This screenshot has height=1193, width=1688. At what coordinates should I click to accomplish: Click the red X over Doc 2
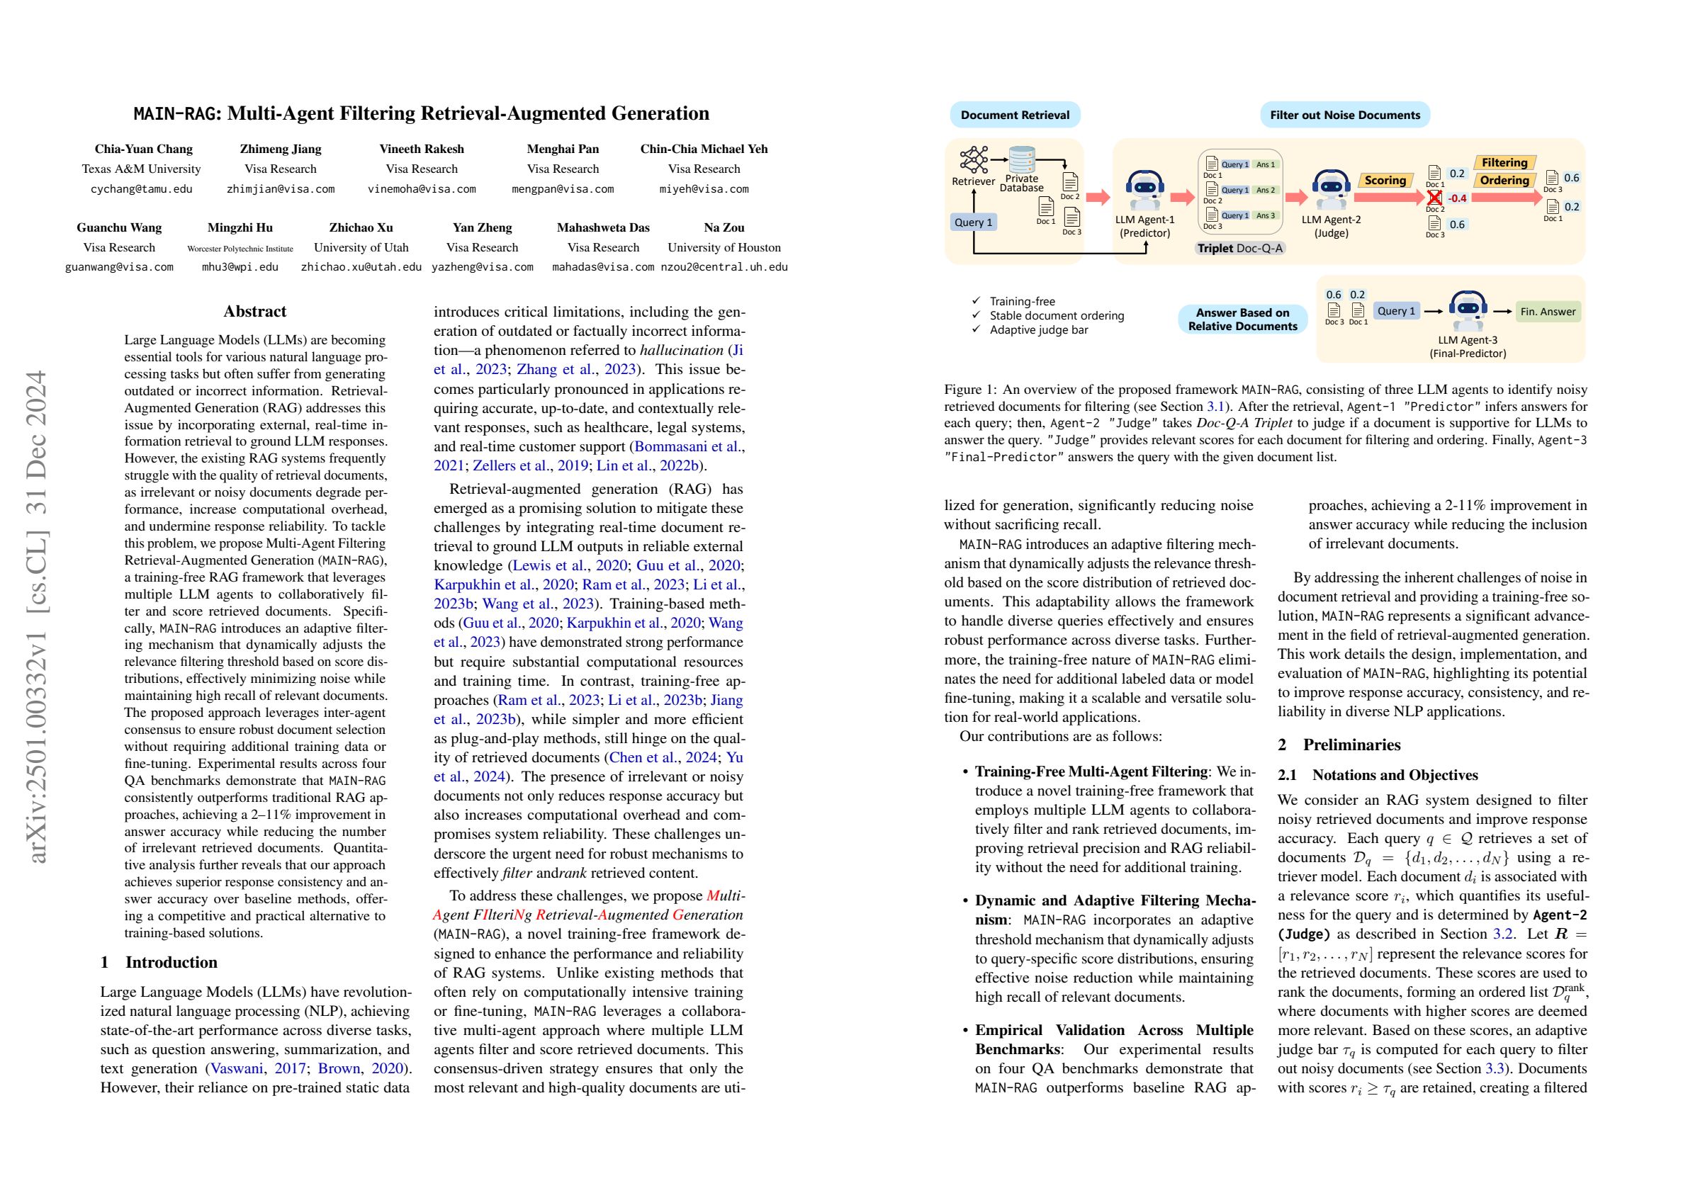[1434, 198]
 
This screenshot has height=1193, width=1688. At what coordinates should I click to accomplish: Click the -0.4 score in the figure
[1456, 198]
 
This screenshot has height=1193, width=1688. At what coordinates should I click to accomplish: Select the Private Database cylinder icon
[1022, 159]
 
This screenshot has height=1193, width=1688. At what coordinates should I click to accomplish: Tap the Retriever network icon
[974, 159]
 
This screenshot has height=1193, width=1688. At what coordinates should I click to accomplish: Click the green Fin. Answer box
[1548, 312]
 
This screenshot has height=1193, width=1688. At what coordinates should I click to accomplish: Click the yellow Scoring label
[1385, 180]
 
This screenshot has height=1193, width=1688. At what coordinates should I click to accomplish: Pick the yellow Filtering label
[1504, 162]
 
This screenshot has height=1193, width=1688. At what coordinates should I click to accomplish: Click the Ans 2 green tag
[1265, 190]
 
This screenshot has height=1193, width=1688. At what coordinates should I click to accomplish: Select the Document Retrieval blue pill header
[1015, 115]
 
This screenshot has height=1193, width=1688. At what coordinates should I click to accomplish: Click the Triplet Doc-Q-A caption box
[1239, 249]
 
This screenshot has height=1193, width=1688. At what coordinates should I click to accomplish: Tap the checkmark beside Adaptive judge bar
[977, 329]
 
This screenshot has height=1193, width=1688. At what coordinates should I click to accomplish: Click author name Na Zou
[724, 227]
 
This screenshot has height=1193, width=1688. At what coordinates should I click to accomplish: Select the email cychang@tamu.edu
[141, 189]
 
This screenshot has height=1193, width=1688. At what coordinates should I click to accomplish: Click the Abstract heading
[254, 311]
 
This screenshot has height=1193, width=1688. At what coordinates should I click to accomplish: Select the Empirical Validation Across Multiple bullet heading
[1115, 1030]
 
